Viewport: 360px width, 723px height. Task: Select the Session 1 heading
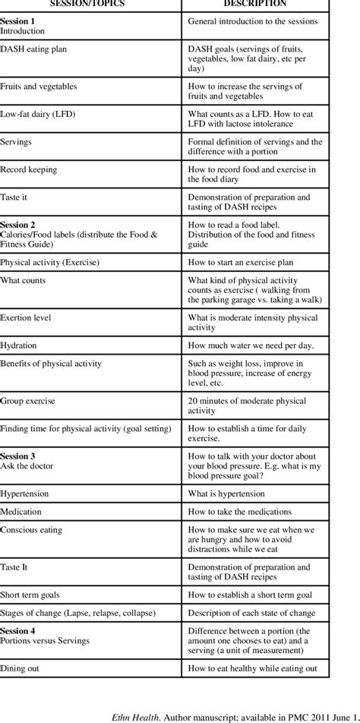[18, 21]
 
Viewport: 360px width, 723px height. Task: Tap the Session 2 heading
[18, 226]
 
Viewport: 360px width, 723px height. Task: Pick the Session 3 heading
[18, 456]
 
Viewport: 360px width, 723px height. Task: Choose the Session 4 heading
[18, 630]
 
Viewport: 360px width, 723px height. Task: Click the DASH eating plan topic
[33, 48]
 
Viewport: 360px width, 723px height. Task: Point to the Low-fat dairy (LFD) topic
[38, 114]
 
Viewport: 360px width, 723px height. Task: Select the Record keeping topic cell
[28, 169]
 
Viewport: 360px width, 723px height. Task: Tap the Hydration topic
[18, 345]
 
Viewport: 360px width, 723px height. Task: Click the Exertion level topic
[27, 317]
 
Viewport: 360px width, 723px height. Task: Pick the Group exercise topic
[27, 400]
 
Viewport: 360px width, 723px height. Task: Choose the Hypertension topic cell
[25, 493]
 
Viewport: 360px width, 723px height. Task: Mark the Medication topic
[21, 511]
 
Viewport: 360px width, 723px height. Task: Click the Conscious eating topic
[31, 529]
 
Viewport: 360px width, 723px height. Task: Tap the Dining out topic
[21, 668]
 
